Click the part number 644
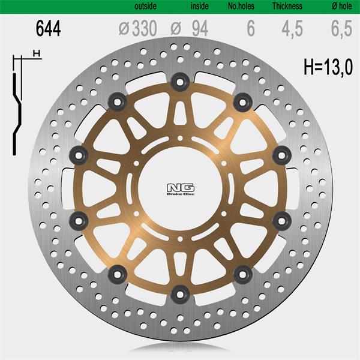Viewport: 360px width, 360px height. tap(48, 28)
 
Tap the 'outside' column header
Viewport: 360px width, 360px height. tap(146, 6)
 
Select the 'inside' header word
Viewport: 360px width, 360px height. tap(200, 6)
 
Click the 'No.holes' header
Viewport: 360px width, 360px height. tap(241, 6)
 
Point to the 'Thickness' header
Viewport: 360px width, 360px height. tap(287, 6)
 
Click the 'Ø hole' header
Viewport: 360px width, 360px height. tap(342, 6)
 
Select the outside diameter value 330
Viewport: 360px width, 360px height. tap(145, 28)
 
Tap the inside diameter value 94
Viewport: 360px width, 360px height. tap(200, 28)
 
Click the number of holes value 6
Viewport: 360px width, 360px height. tap(251, 28)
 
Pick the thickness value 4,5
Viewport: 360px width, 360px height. tap(292, 29)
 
